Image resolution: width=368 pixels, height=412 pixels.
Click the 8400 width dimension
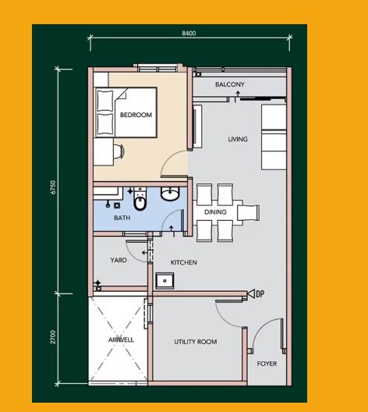pos(189,34)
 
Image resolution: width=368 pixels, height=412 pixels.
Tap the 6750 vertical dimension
pos(53,187)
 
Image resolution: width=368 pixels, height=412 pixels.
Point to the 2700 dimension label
pos(53,337)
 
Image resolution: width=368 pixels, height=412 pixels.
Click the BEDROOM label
pos(136,115)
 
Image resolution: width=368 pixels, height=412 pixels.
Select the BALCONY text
pos(230,84)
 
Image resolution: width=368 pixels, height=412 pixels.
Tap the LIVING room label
pos(238,139)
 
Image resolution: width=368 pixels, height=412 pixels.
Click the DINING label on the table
pos(215,211)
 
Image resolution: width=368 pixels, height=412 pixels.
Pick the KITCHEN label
pos(184,262)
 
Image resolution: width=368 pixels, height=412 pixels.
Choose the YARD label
pos(119,260)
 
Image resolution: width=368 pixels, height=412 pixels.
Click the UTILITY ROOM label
pos(196,342)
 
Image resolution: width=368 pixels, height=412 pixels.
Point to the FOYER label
pos(267,364)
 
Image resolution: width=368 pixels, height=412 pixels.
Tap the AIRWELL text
pos(121,339)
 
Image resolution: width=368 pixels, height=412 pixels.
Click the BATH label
pos(122,218)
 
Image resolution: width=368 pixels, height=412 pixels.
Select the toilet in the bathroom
pos(140,199)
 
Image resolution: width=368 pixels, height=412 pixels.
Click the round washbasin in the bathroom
pos(170,194)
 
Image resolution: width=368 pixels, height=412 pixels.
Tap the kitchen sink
pos(165,281)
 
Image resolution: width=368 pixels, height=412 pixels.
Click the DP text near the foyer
pos(260,293)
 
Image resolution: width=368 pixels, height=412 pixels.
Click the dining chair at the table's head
pos(248,212)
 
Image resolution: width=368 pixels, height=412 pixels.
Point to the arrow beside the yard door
pos(145,253)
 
